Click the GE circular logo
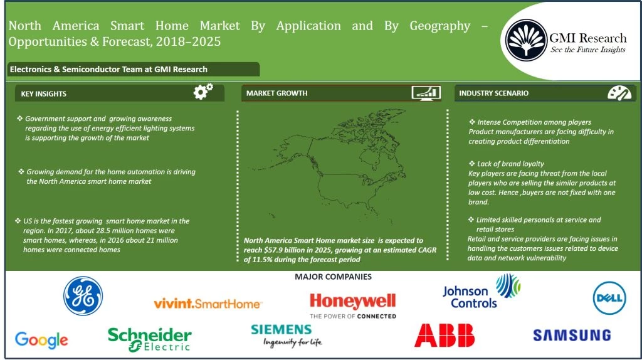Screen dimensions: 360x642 [x=83, y=296]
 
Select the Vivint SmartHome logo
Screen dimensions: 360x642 [x=208, y=304]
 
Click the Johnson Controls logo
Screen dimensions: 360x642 [x=480, y=292]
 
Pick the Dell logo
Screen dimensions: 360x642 [x=609, y=298]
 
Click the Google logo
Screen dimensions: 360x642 [x=41, y=340]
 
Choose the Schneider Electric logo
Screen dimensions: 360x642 [x=149, y=339]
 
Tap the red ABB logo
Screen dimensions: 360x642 [x=445, y=336]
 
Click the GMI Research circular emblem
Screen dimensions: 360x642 [x=525, y=40]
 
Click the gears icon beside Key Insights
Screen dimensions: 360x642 [x=203, y=92]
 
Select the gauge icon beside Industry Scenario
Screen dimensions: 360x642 [x=619, y=93]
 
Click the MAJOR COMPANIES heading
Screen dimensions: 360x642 [x=333, y=277]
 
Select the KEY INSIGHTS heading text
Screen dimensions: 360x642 [x=43, y=93]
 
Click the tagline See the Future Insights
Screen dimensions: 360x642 [x=587, y=50]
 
